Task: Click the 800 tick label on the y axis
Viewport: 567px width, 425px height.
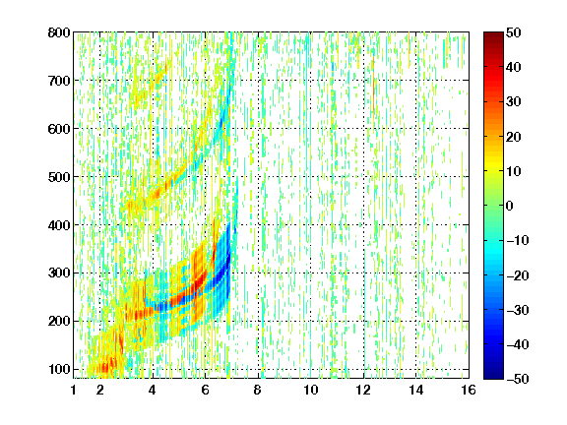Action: pos(59,32)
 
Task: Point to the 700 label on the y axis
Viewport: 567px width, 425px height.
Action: pos(59,81)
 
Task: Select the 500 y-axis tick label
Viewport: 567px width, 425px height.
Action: pos(59,177)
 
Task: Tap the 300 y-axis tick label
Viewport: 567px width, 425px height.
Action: pos(59,273)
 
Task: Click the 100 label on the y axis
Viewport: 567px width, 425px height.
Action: pos(59,369)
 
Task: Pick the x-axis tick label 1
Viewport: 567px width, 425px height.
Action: pos(74,390)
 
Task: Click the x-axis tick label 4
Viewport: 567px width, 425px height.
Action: pos(153,390)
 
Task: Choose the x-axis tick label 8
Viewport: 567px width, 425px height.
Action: pos(258,390)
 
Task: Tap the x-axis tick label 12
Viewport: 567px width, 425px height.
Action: pos(363,390)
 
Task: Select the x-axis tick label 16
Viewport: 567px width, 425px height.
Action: pos(469,390)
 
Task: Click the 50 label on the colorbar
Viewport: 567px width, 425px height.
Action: pos(513,32)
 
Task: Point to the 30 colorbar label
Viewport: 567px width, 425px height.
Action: pos(513,102)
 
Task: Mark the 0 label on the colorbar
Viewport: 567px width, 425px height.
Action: pos(510,206)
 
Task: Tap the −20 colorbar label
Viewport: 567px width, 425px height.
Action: pos(518,275)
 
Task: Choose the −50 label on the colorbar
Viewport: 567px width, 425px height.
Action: pos(518,379)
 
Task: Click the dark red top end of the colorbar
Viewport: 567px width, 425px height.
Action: pos(493,34)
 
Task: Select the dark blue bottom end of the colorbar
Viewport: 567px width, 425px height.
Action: pos(493,377)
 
